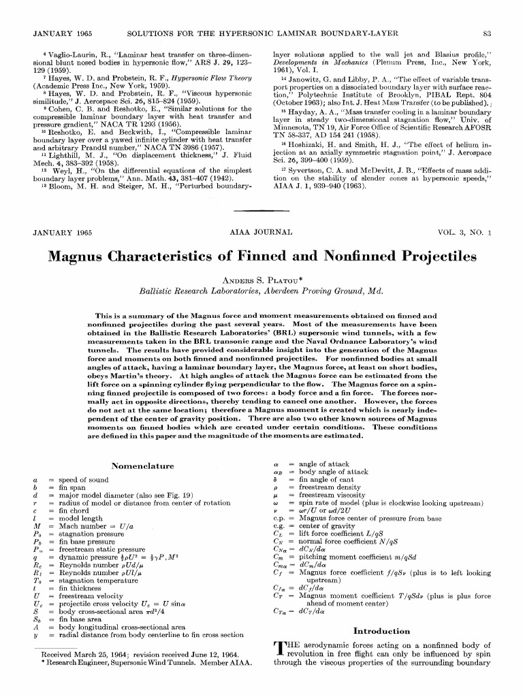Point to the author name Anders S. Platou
pyautogui.click(x=261, y=279)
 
